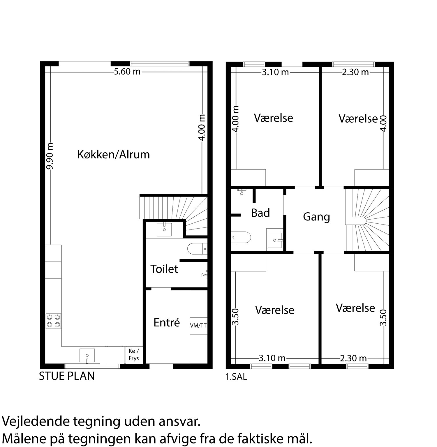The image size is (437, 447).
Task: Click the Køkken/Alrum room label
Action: pyautogui.click(x=113, y=154)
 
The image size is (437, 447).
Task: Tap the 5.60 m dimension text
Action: pyautogui.click(x=127, y=71)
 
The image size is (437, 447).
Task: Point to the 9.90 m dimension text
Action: pyautogui.click(x=50, y=156)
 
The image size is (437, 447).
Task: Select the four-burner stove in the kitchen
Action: pyautogui.click(x=53, y=321)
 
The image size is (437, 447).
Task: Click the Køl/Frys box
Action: pyautogui.click(x=134, y=355)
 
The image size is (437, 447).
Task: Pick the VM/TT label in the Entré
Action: pyautogui.click(x=198, y=326)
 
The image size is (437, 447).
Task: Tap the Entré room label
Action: pyautogui.click(x=167, y=322)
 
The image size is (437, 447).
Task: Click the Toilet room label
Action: pyautogui.click(x=164, y=269)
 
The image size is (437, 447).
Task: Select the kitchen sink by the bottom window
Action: pyautogui.click(x=87, y=356)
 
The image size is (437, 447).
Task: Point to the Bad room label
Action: pyautogui.click(x=260, y=213)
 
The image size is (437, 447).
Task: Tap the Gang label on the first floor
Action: pyautogui.click(x=316, y=217)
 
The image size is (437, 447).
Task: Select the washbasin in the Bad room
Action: pyautogui.click(x=275, y=240)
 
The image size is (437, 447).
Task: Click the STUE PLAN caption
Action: pyautogui.click(x=67, y=376)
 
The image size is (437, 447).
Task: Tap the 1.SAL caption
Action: pyautogui.click(x=236, y=377)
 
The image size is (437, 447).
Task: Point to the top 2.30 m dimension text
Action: pyautogui.click(x=355, y=72)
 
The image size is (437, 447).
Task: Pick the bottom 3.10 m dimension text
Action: pyautogui.click(x=272, y=358)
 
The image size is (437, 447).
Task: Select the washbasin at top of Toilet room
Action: pyautogui.click(x=165, y=229)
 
